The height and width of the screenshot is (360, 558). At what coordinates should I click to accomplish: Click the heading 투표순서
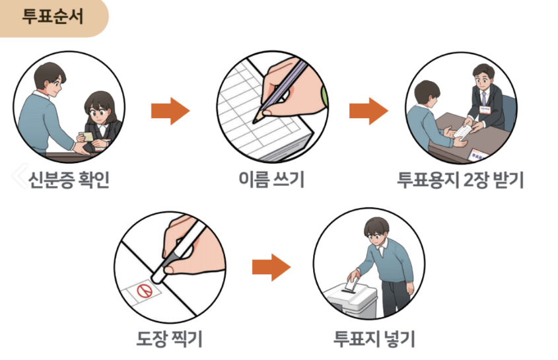(x=52, y=17)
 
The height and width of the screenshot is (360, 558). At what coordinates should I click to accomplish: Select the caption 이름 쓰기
(x=271, y=180)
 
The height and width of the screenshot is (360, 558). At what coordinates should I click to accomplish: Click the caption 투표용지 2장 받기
(x=460, y=180)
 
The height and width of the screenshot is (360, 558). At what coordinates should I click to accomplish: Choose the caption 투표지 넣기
(x=374, y=340)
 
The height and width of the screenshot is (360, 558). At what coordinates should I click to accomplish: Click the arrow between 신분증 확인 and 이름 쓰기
(x=170, y=111)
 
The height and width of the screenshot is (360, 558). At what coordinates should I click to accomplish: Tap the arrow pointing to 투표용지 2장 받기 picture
(x=368, y=111)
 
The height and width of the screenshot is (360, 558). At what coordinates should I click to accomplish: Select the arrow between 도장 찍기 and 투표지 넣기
(x=271, y=268)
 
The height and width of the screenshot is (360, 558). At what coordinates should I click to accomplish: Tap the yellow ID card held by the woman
(x=86, y=135)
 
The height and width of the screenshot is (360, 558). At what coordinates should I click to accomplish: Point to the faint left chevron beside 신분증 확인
(x=18, y=174)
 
